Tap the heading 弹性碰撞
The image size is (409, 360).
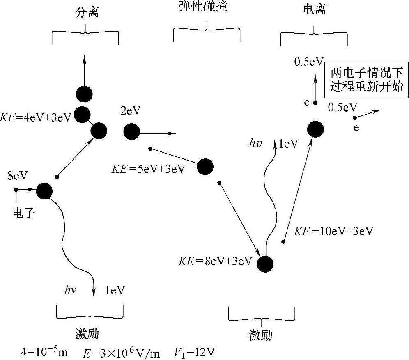tap(206, 7)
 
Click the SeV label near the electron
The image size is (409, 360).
tap(18, 176)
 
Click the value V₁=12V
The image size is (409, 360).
tap(195, 352)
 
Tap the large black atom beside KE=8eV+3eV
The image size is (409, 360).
tap(265, 264)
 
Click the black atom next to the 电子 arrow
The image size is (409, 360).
tap(44, 191)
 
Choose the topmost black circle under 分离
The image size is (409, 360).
tap(84, 94)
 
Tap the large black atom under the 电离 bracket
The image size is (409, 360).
tap(315, 129)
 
